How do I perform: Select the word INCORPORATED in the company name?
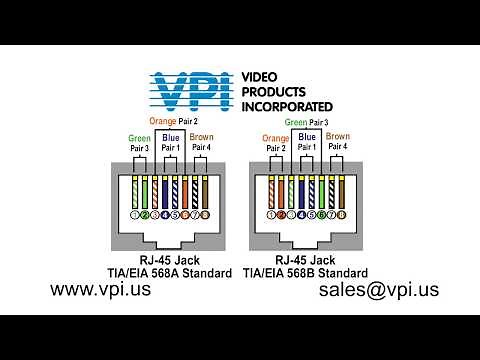[x=288, y=105]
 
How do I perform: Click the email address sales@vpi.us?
[x=378, y=290]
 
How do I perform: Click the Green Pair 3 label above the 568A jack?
[x=139, y=143]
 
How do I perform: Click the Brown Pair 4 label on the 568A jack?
[x=202, y=143]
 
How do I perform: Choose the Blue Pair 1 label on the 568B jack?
[x=308, y=142]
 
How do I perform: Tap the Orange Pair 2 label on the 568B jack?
[x=275, y=143]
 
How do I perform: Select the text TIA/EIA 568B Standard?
[x=310, y=272]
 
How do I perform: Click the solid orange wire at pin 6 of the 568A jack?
[x=185, y=190]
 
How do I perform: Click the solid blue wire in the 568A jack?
[x=164, y=190]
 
